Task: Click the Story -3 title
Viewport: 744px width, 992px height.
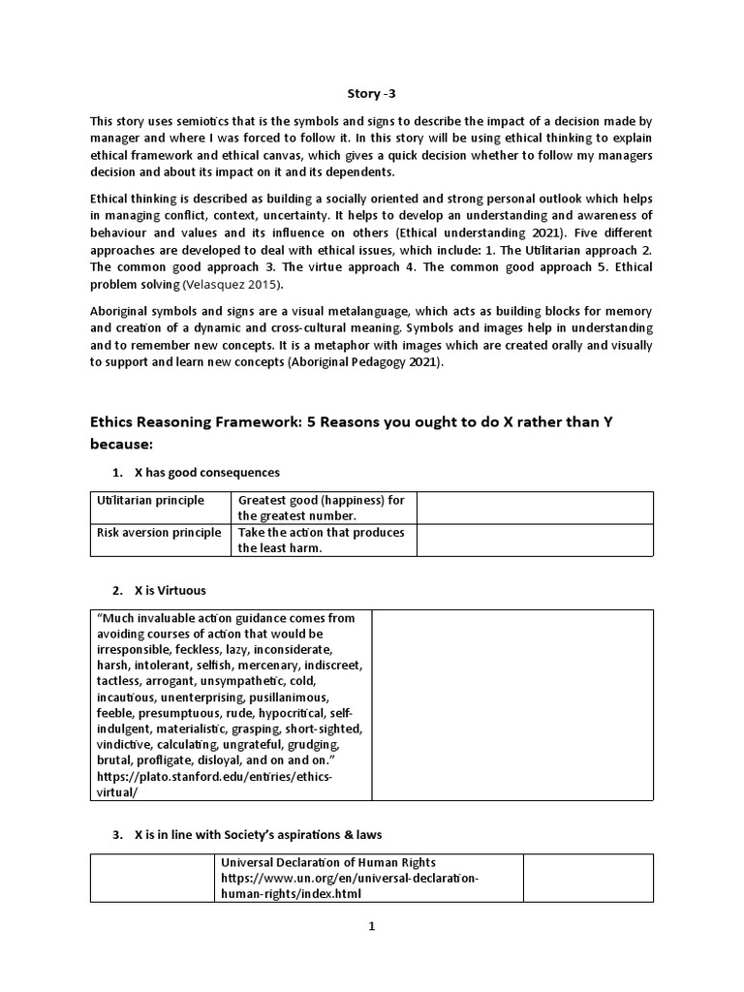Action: (372, 94)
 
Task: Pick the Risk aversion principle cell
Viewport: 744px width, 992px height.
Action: (158, 532)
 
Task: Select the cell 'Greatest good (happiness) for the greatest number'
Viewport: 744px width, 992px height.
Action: (322, 508)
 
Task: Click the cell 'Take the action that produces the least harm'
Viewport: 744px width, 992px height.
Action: (322, 540)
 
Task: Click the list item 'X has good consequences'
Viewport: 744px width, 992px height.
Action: (206, 473)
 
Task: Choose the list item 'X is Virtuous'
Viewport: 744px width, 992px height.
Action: (170, 590)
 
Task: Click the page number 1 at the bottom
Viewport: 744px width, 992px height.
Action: (371, 926)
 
